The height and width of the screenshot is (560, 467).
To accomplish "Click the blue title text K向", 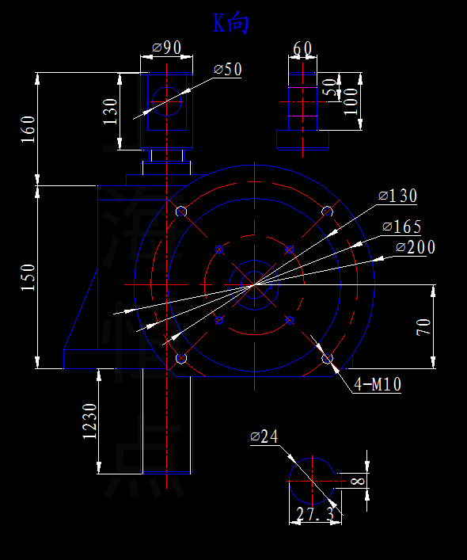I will [231, 24].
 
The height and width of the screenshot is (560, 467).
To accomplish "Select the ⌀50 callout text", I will [227, 70].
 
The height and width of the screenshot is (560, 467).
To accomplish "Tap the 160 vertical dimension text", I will [28, 129].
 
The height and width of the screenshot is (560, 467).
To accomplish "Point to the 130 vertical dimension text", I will [111, 112].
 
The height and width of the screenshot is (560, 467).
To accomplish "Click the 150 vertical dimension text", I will [28, 277].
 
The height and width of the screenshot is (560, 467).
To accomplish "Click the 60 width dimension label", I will [302, 49].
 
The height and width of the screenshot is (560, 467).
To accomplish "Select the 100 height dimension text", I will [351, 101].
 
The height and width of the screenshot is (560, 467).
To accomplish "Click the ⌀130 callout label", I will [398, 196].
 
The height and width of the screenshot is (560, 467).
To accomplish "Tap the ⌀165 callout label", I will [401, 227].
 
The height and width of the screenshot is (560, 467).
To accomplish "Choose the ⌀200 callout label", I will [415, 248].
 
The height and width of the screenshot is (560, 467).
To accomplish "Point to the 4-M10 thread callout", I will [377, 385].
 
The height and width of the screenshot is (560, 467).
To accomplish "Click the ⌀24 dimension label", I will [266, 436].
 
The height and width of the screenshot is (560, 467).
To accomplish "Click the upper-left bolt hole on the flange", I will [181, 211].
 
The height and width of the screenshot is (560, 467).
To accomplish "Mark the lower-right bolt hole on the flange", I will [327, 359].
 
